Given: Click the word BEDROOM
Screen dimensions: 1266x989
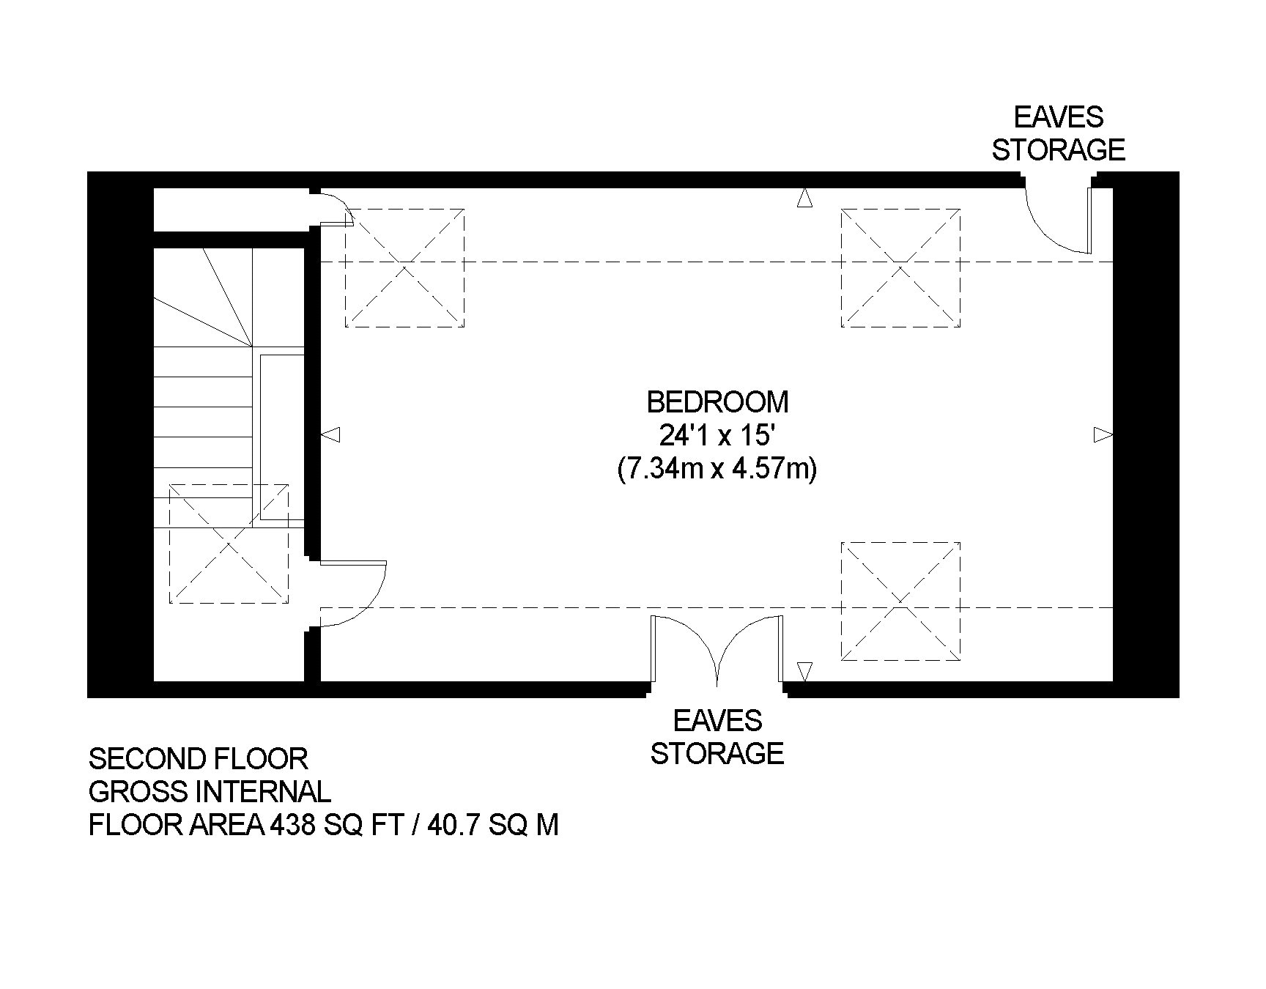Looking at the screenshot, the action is click(717, 402).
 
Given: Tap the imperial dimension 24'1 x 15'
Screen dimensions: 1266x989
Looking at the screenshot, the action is click(717, 436).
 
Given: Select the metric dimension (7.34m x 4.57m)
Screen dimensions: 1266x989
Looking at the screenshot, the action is click(717, 469).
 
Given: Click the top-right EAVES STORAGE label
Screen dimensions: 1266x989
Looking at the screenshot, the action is click(1058, 133).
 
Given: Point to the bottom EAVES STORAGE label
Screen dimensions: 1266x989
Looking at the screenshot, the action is click(717, 737).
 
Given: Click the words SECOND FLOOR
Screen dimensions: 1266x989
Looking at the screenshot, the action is click(198, 759).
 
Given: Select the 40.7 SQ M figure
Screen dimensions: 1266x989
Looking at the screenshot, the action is click(493, 825).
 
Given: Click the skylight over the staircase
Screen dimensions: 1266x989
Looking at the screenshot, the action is click(229, 544).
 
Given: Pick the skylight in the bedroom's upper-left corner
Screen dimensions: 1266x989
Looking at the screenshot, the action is click(404, 267).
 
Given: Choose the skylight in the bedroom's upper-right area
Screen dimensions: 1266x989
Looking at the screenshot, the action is click(900, 267).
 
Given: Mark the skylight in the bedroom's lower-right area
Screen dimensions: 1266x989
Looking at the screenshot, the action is click(900, 601).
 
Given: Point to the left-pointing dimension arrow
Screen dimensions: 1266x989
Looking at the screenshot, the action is click(330, 435).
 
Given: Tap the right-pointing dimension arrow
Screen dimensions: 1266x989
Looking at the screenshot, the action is click(1103, 435).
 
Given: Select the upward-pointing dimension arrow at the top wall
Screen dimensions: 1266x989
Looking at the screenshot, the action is click(804, 197).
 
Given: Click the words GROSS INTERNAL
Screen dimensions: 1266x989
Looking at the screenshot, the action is click(210, 792).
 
